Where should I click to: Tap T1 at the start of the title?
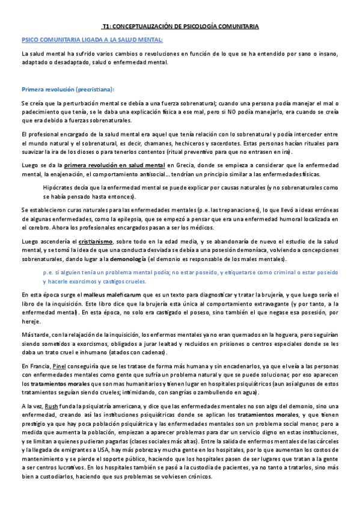(x=106, y=27)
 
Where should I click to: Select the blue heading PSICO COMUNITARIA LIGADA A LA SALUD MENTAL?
(x=92, y=40)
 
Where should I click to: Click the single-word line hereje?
(x=29, y=321)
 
